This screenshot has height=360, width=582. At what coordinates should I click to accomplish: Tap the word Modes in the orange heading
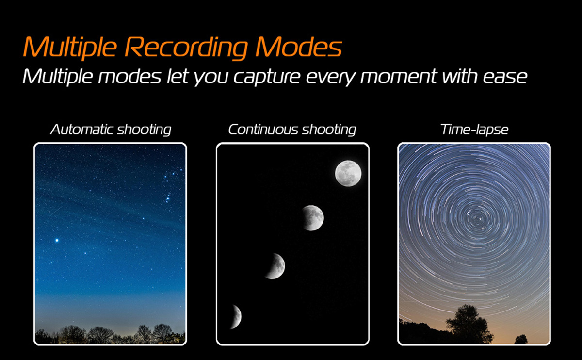298,47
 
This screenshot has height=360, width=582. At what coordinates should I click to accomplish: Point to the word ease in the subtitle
505,78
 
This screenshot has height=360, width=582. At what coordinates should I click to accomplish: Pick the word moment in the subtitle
399,77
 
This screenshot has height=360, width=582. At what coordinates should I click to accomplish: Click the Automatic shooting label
111,130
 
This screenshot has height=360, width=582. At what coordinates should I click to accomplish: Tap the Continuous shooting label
292,130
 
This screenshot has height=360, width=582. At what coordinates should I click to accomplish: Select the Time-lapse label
474,130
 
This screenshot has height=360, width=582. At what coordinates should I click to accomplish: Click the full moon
348,173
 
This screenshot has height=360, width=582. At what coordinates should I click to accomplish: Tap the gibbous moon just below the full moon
313,218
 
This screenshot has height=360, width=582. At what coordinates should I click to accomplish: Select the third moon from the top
276,266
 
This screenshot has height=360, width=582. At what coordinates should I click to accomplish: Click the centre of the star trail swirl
478,219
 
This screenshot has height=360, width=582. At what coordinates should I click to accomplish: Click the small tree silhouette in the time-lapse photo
521,339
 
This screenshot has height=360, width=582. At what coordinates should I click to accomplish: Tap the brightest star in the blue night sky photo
57,241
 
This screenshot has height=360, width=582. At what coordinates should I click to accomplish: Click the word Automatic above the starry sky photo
82,129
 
